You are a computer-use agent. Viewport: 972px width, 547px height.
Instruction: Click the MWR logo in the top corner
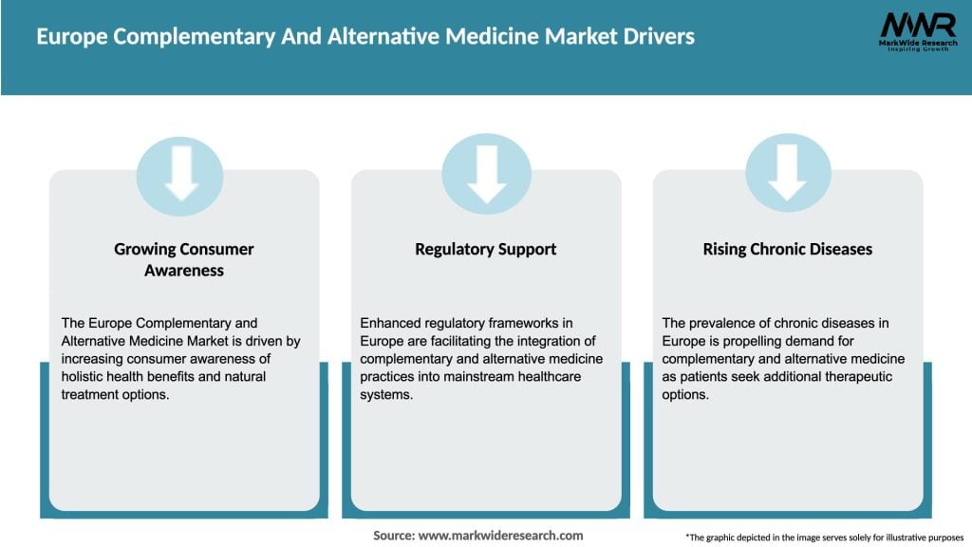coord(918,32)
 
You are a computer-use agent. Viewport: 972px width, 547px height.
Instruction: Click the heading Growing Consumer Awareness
coord(184,259)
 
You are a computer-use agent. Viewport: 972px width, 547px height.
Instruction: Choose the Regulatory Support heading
coord(486,249)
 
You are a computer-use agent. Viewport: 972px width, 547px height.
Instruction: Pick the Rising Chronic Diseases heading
coord(787,249)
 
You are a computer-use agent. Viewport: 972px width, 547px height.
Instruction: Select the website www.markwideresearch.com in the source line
coord(500,536)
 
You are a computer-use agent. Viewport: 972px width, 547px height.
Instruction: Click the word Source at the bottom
coord(393,536)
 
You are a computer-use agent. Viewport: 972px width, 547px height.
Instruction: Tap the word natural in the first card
coord(239,377)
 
